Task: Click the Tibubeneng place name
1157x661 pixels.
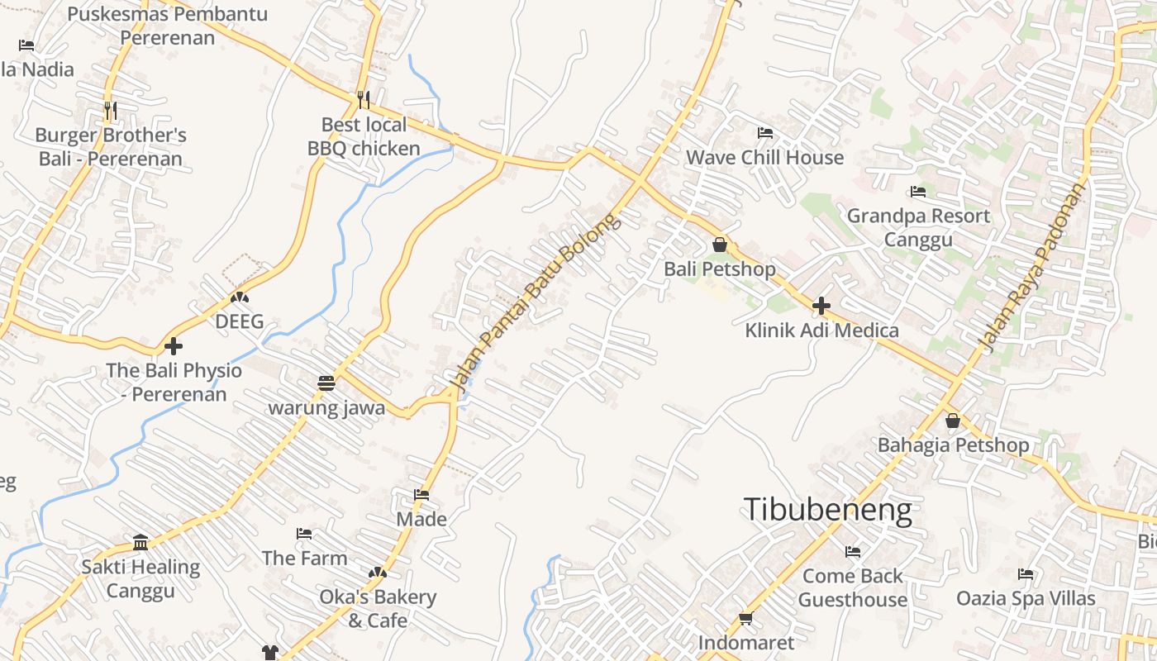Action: (828, 510)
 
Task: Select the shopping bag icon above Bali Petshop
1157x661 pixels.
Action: (720, 245)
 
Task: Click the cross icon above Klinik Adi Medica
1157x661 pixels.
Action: (821, 306)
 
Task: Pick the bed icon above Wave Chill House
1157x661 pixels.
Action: (765, 132)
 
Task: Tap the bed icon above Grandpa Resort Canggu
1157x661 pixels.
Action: (918, 192)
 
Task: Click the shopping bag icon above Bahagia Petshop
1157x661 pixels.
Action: (953, 421)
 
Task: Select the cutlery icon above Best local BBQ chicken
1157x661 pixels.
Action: (364, 100)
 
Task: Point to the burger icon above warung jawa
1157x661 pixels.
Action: (326, 383)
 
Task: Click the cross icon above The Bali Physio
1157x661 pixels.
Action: (174, 345)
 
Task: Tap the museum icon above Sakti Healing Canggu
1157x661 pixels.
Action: (140, 542)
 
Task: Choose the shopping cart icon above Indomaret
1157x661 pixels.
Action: (746, 618)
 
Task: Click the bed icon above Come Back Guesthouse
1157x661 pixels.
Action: (853, 551)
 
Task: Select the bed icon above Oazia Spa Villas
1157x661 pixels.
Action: (1026, 573)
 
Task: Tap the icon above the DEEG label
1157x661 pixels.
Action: (240, 297)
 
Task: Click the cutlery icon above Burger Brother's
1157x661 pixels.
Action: (110, 110)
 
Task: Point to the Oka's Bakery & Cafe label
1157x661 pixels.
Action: (378, 608)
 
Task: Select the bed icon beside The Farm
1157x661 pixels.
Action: (304, 534)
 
